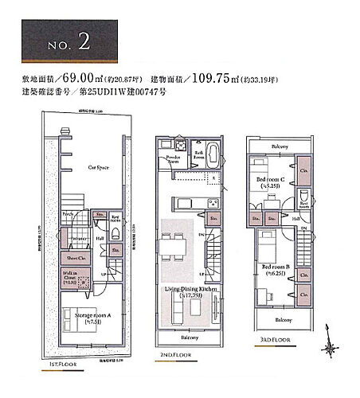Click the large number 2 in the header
[x=84, y=43]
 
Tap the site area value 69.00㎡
[x=82, y=78]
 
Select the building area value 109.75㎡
[x=232, y=78]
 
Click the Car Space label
[x=99, y=169]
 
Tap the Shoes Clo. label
[x=76, y=256]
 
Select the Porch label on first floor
[x=68, y=214]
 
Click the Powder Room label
[x=174, y=159]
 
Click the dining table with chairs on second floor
[x=174, y=242]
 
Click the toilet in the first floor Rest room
[x=116, y=233]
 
